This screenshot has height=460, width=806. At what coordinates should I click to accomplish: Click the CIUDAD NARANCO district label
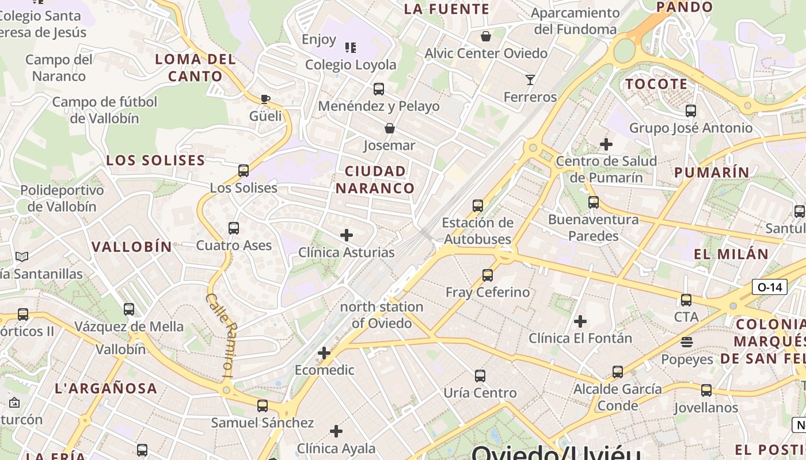coord(375,179)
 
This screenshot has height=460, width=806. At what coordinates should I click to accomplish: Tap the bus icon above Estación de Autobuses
coord(477,205)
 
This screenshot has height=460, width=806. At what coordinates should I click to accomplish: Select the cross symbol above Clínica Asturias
coord(347,235)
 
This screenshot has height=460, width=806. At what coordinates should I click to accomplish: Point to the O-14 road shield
coord(770,287)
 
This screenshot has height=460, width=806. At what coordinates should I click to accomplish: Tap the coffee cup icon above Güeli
coord(265,99)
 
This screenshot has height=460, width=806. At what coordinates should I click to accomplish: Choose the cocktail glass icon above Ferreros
coord(530,80)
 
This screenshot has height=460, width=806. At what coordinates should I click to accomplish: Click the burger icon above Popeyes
coord(686,342)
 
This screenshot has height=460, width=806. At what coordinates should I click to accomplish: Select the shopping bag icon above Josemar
coord(390,128)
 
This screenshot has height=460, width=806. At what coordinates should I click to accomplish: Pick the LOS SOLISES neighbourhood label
coord(155,160)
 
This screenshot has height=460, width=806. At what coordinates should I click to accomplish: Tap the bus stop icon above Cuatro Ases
coord(234,228)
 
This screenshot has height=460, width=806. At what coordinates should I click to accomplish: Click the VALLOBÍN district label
coord(132,247)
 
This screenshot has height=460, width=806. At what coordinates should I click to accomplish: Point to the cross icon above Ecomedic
coord(324,353)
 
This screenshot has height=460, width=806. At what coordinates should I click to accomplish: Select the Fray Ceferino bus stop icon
coord(488,275)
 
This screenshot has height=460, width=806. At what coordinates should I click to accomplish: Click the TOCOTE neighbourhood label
coord(656,84)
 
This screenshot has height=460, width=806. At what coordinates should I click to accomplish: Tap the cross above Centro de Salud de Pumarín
coord(606,144)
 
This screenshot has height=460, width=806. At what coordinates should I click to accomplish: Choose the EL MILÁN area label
coord(731,254)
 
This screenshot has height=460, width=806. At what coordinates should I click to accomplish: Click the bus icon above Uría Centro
coord(480,376)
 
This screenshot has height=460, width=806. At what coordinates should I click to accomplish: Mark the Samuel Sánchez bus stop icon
coord(263,406)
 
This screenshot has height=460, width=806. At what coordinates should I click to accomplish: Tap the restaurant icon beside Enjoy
coord(350,47)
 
